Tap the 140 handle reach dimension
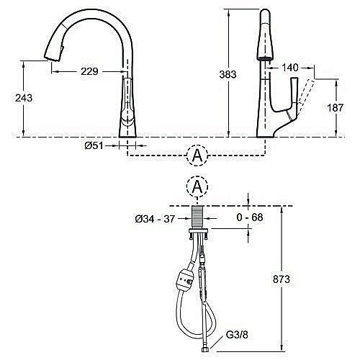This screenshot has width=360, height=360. click(290, 67)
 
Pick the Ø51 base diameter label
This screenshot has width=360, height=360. click(93, 145)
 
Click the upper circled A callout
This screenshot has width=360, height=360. click(196, 154)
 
